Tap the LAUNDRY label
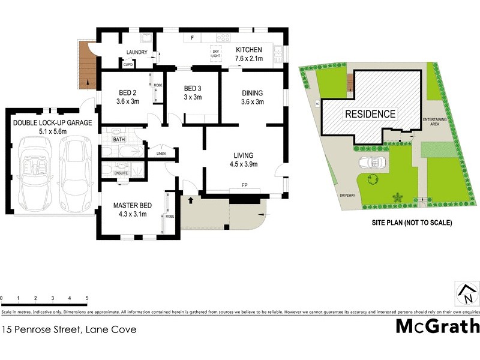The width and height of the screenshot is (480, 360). click(x=136, y=52)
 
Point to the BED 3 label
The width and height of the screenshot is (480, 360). click(x=193, y=88)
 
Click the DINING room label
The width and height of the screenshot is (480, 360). click(x=253, y=93)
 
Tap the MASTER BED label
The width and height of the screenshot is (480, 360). click(x=133, y=206)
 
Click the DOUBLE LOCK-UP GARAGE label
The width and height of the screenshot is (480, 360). click(x=53, y=123)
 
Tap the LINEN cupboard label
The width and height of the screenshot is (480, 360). click(x=160, y=154)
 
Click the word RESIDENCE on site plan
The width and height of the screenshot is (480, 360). click(x=370, y=114)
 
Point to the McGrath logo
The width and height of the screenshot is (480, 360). click(x=437, y=326)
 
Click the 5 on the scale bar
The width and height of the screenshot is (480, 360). click(x=87, y=298)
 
